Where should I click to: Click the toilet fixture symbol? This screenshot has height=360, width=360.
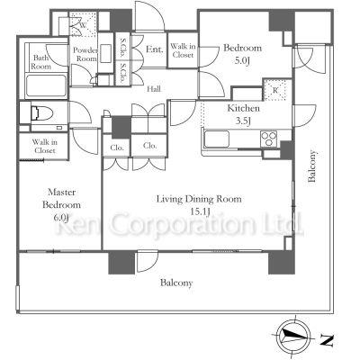(42, 113)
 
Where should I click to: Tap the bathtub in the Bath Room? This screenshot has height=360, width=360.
(46, 85)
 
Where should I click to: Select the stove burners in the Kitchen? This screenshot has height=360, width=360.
(269, 139)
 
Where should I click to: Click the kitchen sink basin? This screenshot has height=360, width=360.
(217, 139)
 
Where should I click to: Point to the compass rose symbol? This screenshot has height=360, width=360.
(293, 334)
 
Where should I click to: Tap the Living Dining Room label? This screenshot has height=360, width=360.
(199, 199)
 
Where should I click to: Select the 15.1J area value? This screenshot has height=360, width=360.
(200, 211)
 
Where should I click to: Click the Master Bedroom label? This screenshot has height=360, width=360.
(61, 198)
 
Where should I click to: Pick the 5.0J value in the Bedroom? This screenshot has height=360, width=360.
(242, 61)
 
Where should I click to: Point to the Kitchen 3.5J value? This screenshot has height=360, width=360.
(243, 121)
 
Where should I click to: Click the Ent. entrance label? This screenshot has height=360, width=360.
(155, 49)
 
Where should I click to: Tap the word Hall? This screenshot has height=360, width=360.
(154, 89)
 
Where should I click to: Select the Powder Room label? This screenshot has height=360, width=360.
(85, 54)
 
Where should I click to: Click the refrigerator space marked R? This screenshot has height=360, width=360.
(274, 90)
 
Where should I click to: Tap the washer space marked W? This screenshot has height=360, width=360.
(83, 25)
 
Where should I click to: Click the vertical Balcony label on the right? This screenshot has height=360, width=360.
(312, 166)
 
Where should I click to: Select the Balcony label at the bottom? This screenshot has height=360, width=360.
(176, 283)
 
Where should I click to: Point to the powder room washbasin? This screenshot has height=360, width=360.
(105, 54)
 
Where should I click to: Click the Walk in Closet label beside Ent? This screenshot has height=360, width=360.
(183, 50)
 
